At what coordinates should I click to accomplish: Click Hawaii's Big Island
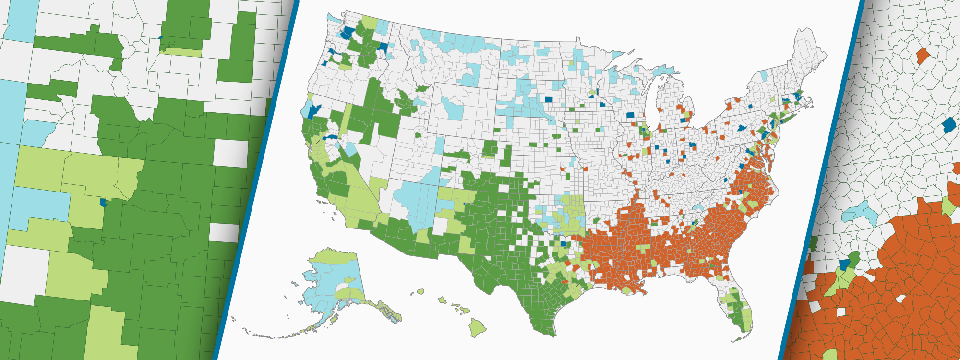[477, 327]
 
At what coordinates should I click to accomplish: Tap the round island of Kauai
[420, 291]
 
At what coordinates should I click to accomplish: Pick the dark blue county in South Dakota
[549, 100]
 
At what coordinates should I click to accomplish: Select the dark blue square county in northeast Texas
[563, 244]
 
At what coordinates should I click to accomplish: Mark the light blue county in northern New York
[764, 76]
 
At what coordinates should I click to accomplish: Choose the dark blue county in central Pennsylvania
[742, 128]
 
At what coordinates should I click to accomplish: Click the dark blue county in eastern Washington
[383, 48]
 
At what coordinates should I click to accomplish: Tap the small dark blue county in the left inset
[103, 203]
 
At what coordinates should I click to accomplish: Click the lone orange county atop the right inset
[923, 56]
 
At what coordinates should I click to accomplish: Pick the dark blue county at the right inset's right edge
[949, 126]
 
